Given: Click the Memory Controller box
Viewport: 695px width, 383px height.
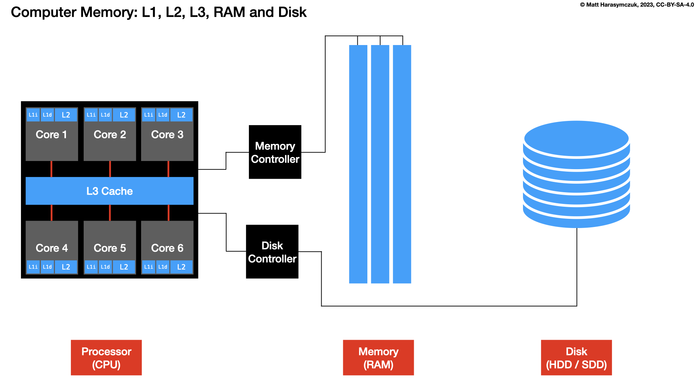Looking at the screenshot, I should tap(275, 152).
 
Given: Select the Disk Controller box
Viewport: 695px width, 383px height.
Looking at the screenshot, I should tap(272, 252).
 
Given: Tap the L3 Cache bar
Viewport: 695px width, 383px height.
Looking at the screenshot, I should tap(110, 191).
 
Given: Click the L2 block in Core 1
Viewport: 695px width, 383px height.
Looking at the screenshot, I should tap(66, 115).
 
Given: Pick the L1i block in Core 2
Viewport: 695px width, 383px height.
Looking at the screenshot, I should tap(91, 115).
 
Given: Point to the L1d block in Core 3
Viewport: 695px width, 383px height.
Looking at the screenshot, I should tap(163, 115).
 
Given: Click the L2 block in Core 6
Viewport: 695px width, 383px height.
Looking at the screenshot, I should tap(181, 267).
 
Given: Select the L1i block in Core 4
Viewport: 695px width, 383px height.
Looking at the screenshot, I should tap(33, 267).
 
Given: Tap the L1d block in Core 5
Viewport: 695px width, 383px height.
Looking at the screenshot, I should tap(105, 267).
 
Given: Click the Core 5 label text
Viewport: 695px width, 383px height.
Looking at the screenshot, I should tap(110, 248).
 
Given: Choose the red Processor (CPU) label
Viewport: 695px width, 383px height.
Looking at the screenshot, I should tap(106, 357).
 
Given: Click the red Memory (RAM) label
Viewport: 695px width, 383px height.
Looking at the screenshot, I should tap(378, 357).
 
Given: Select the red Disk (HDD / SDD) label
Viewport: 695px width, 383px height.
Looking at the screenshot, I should tap(576, 357).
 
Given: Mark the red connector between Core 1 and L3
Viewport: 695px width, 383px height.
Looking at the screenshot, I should tap(51, 169).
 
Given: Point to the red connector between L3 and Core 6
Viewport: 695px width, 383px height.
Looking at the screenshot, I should tap(168, 213).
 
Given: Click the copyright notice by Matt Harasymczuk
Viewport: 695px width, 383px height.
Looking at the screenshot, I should tap(637, 5).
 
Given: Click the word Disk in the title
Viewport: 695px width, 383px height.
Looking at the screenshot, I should tap(292, 12).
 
